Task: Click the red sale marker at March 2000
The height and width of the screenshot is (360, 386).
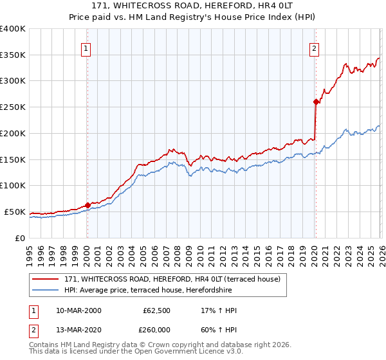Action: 88,205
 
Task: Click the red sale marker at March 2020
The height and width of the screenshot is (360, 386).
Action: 316,102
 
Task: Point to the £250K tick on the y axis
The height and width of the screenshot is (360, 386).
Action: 13,107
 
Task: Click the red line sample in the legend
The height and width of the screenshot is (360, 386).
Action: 46,279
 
